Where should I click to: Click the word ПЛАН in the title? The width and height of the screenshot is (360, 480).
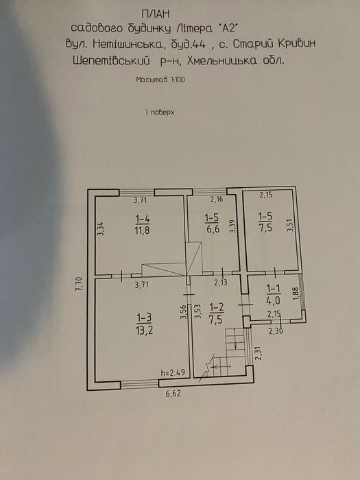pyautogui.click(x=156, y=14)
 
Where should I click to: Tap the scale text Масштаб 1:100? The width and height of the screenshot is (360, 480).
pyautogui.click(x=160, y=80)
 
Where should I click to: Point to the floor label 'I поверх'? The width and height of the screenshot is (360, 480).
pyautogui.click(x=160, y=112)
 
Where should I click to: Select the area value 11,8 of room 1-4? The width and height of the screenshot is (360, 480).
pyautogui.click(x=143, y=230)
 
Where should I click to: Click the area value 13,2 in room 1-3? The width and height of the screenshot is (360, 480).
pyautogui.click(x=144, y=330)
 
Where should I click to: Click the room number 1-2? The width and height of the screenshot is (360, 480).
pyautogui.click(x=217, y=307)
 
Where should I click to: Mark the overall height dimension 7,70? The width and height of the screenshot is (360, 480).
pyautogui.click(x=80, y=285)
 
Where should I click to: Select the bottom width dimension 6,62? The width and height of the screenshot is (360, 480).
pyautogui.click(x=173, y=394)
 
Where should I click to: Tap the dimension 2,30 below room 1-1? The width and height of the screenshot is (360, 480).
pyautogui.click(x=275, y=330)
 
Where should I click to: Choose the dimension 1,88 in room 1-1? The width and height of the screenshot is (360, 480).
pyautogui.click(x=296, y=293)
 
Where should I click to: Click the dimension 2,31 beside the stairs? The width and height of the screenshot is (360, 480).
pyautogui.click(x=259, y=353)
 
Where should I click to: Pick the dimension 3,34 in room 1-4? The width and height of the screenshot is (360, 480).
pyautogui.click(x=102, y=228)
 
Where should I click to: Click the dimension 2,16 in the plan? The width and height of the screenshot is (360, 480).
pyautogui.click(x=217, y=200)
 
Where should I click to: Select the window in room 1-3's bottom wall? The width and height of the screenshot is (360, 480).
pyautogui.click(x=140, y=385)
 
